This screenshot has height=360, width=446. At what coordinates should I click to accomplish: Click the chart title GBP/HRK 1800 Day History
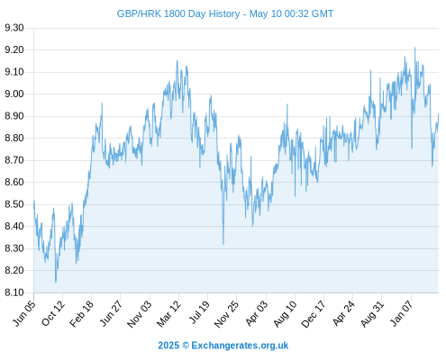point(178,13)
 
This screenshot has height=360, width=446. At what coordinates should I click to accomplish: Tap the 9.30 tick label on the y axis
point(14,28)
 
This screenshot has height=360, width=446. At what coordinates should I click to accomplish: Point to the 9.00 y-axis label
point(14,94)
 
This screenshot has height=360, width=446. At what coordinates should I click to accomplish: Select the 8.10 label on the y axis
point(14,292)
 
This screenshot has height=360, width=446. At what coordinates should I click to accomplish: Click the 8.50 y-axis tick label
point(14,204)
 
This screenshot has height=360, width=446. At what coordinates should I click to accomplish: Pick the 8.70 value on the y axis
point(14,160)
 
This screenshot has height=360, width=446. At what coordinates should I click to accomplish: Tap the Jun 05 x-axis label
point(24,313)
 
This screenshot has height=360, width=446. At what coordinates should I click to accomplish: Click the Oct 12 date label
point(53,313)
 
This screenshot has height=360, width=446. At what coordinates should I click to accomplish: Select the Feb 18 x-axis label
point(82,313)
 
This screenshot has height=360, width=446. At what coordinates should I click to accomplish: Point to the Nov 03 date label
point(140,314)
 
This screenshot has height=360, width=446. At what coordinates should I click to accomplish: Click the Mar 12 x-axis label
point(168,314)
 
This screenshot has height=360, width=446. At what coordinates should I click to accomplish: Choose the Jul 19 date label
point(199,312)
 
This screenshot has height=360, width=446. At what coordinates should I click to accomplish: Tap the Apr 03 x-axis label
point(256,313)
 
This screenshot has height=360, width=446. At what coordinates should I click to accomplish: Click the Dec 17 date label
point(314,314)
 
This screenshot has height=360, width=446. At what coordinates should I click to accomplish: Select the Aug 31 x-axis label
point(372,314)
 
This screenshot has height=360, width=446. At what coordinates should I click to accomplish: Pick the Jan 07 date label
point(401,313)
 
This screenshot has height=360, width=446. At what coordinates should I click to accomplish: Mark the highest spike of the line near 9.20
point(415,48)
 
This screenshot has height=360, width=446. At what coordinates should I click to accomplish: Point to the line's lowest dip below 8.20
point(56,282)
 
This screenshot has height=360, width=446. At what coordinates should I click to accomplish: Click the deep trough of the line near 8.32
point(223,244)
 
